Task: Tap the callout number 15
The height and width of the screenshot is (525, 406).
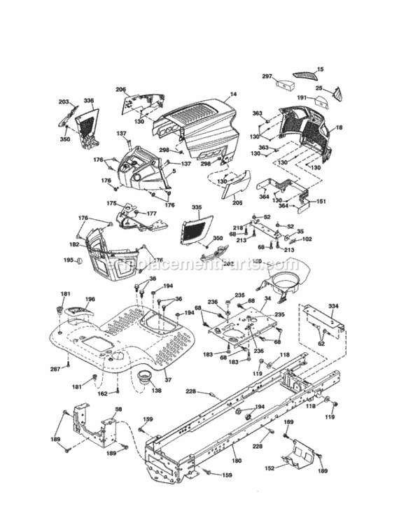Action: click(321, 69)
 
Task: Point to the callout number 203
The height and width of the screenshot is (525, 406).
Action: click(64, 102)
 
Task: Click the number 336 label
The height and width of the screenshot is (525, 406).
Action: click(89, 102)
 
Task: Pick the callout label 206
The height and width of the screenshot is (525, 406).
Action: click(120, 89)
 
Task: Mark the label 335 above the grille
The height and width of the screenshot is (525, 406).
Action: click(197, 208)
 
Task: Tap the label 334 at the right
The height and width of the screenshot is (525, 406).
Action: click(333, 306)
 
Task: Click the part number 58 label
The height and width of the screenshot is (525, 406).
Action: click(118, 409)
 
